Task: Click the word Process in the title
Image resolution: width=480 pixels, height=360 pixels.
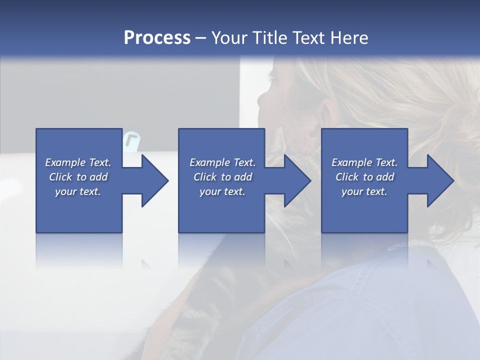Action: [x=156, y=38]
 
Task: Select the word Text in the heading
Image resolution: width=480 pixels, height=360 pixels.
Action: [x=308, y=38]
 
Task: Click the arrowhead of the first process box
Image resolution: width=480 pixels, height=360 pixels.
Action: [x=155, y=180]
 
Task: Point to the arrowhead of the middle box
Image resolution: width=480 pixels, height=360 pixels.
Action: [x=297, y=180]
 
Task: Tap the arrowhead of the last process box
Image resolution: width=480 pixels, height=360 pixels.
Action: [x=440, y=180]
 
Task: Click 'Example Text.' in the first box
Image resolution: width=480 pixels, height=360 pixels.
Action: [x=78, y=162]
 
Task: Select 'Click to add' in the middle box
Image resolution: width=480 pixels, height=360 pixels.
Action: [x=222, y=177]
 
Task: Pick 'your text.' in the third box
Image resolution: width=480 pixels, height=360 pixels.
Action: [x=364, y=191]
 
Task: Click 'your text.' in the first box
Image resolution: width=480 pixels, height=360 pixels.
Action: [x=78, y=191]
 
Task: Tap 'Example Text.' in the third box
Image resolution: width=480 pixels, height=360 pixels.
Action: [x=364, y=162]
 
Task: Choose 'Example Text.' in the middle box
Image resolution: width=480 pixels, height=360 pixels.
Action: [x=222, y=162]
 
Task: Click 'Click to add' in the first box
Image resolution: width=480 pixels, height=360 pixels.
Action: [x=78, y=177]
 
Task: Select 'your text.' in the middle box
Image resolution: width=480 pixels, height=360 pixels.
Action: [x=222, y=191]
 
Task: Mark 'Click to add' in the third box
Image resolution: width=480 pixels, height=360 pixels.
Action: [x=364, y=177]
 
